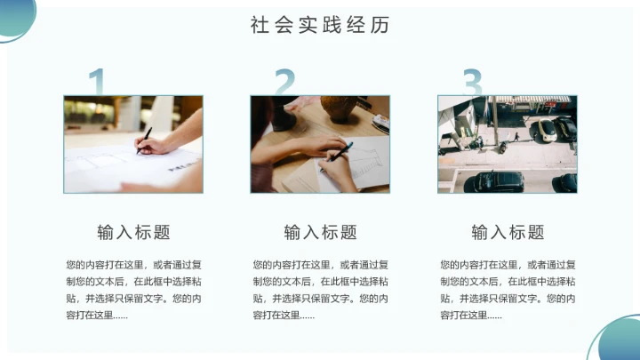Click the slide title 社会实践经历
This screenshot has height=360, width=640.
point(320,25)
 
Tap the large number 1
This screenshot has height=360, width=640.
point(98,82)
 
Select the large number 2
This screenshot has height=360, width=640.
point(284,82)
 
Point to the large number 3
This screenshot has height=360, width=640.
point(473,83)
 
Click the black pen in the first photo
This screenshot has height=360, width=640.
point(143,140)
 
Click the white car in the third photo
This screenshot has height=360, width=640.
point(545,129)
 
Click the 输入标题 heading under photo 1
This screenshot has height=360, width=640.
point(133,233)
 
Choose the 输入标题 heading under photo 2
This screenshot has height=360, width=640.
point(320,233)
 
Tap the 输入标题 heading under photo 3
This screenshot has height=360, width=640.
point(508,233)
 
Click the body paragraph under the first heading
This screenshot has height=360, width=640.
point(133,290)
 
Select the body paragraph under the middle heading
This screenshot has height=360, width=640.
point(320,290)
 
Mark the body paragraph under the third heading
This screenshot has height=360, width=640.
point(508,290)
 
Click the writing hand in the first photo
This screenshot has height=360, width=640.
point(160,144)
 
